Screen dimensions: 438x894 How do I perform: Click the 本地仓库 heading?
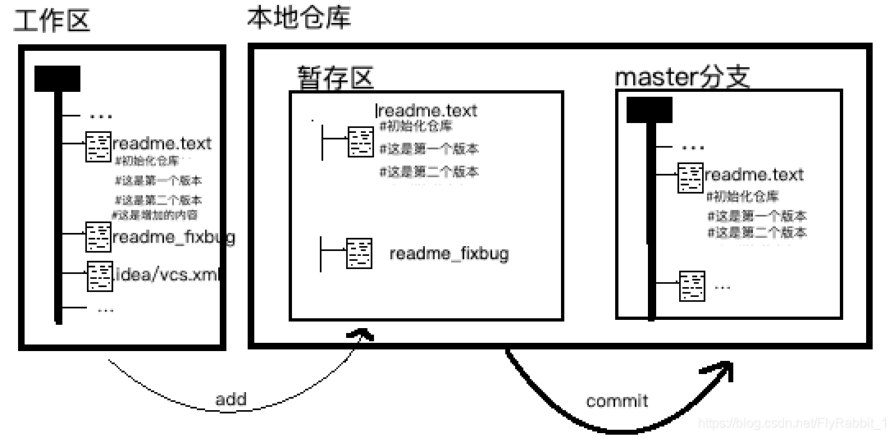[299, 17]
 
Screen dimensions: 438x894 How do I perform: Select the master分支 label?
[682, 77]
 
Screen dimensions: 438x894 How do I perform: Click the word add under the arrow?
[230, 399]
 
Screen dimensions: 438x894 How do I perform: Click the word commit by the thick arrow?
[617, 401]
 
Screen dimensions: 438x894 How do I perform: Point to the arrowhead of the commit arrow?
[719, 370]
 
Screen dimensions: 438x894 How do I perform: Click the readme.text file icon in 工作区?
[98, 146]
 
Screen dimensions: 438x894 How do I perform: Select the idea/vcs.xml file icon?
[100, 276]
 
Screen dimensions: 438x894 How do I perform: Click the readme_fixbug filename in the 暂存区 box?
[449, 253]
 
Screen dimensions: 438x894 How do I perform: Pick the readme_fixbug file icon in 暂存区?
[359, 253]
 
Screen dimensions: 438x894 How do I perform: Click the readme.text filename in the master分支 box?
[754, 175]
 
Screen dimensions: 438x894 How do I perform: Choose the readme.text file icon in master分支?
[691, 177]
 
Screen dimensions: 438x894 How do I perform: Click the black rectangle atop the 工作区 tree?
[57, 79]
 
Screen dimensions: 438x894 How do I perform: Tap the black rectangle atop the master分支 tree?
[649, 109]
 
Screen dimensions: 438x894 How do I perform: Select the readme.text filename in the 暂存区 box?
[427, 111]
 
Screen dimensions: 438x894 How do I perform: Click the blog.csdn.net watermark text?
[792, 423]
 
